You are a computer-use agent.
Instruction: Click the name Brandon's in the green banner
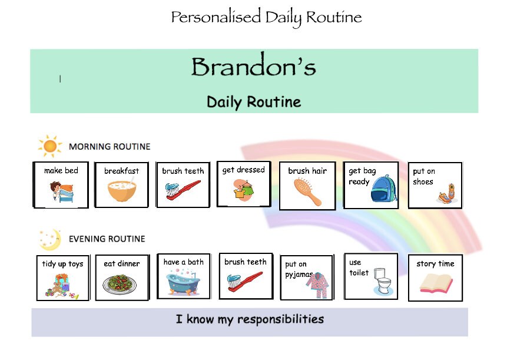(253, 67)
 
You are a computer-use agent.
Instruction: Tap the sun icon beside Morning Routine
(50, 146)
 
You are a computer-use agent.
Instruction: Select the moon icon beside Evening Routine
(50, 238)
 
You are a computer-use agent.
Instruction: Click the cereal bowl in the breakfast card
(122, 191)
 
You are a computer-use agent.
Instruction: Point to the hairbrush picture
(308, 191)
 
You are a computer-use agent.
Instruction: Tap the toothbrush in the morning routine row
(184, 191)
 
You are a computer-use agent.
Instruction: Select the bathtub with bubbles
(184, 282)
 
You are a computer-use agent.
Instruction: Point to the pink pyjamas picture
(317, 286)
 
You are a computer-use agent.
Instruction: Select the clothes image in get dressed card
(243, 190)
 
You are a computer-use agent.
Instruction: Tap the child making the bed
(61, 193)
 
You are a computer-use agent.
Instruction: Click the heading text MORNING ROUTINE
(110, 146)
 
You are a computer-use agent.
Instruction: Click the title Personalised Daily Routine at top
(266, 17)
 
